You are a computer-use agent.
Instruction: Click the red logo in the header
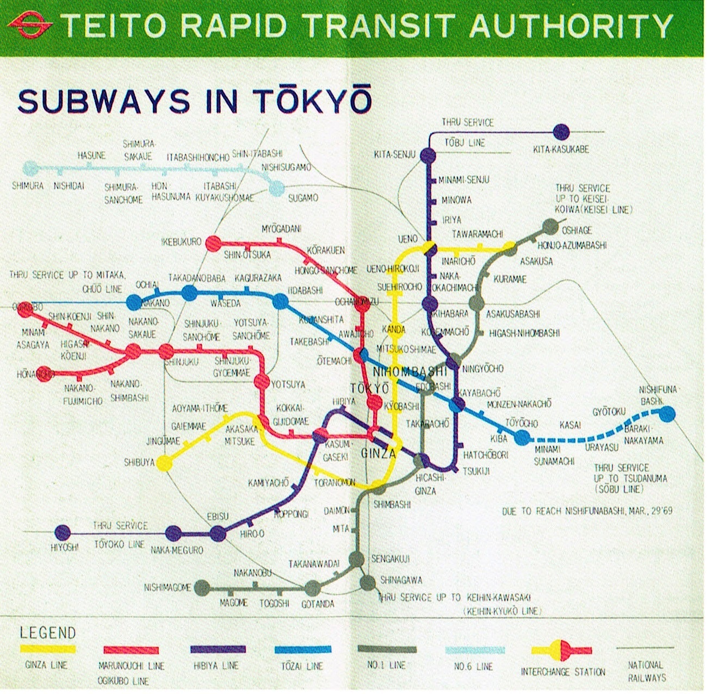(x=30, y=24)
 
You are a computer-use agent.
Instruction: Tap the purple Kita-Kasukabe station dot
(x=561, y=132)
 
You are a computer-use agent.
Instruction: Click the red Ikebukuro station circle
(x=212, y=243)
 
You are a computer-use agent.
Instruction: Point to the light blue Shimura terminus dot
(x=31, y=167)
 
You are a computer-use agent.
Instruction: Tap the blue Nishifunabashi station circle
(x=668, y=414)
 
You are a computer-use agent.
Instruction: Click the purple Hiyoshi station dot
(x=63, y=532)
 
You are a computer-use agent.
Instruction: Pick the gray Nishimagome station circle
(x=202, y=587)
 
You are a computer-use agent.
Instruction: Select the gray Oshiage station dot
(x=550, y=226)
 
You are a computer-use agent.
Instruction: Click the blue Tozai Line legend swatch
(x=302, y=649)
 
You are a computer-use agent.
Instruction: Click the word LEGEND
(x=48, y=633)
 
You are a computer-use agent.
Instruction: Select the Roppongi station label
(x=291, y=513)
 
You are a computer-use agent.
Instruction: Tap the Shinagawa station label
(x=401, y=580)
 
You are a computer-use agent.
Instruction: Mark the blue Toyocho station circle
(x=521, y=437)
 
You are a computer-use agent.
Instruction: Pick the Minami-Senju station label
(x=463, y=180)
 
